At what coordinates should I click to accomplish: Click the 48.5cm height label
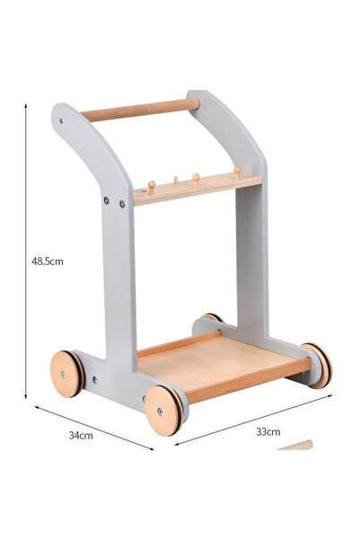[46, 261]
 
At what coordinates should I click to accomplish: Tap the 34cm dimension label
[81, 435]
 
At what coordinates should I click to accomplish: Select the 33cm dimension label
[268, 432]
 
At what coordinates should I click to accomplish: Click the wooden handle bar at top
[140, 110]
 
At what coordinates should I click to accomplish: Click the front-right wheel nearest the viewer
[163, 411]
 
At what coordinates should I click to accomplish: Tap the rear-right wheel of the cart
[316, 364]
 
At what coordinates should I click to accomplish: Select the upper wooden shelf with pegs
[198, 190]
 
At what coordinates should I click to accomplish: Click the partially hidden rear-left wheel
[213, 317]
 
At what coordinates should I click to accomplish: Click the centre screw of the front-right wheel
[161, 412]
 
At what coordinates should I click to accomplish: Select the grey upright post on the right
[250, 261]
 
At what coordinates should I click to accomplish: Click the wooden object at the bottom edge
[295, 445]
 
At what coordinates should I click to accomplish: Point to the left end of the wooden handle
[86, 115]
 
